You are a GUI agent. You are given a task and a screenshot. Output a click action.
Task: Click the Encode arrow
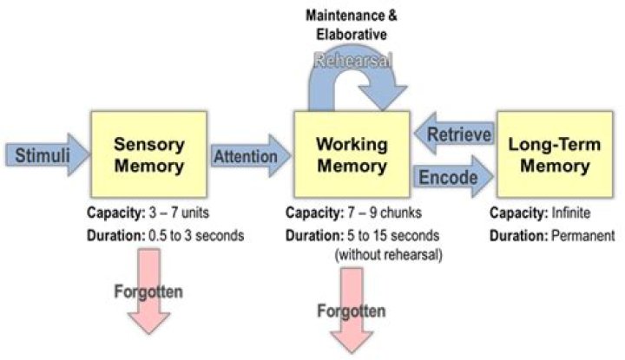coord(451,176)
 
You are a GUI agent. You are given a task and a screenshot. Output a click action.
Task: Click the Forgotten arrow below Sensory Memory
coord(148,291)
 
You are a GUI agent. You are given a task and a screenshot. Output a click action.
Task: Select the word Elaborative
coord(353,36)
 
